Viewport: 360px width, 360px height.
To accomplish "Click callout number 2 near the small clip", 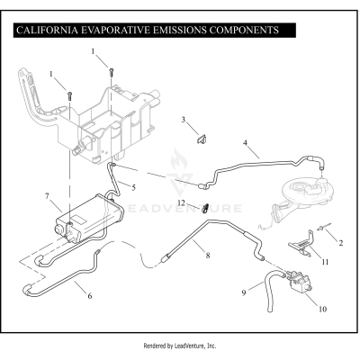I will (x=341, y=243).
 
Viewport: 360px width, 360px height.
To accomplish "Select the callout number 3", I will (x=183, y=120).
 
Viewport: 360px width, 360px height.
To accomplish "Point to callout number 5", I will (x=133, y=187).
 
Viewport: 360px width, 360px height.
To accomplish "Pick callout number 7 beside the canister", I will (x=47, y=195).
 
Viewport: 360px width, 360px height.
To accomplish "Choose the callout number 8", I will (x=208, y=256).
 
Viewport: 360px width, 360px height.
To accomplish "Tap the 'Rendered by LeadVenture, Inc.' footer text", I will (x=180, y=345).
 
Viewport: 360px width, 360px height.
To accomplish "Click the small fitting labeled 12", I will (x=205, y=207).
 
